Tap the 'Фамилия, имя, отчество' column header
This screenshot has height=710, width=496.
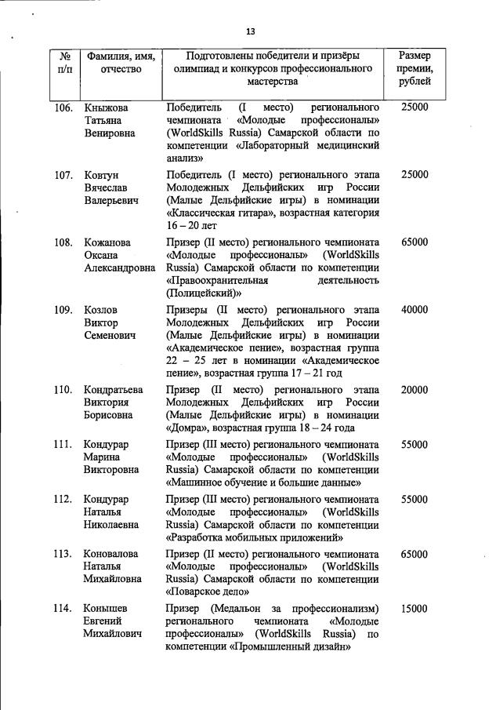click(121, 63)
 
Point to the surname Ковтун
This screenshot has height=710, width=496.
click(102, 174)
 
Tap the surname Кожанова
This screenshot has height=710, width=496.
click(107, 242)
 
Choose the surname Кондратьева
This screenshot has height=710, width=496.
click(114, 390)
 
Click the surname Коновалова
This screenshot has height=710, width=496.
click(111, 554)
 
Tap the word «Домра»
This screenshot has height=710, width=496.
click(186, 428)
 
